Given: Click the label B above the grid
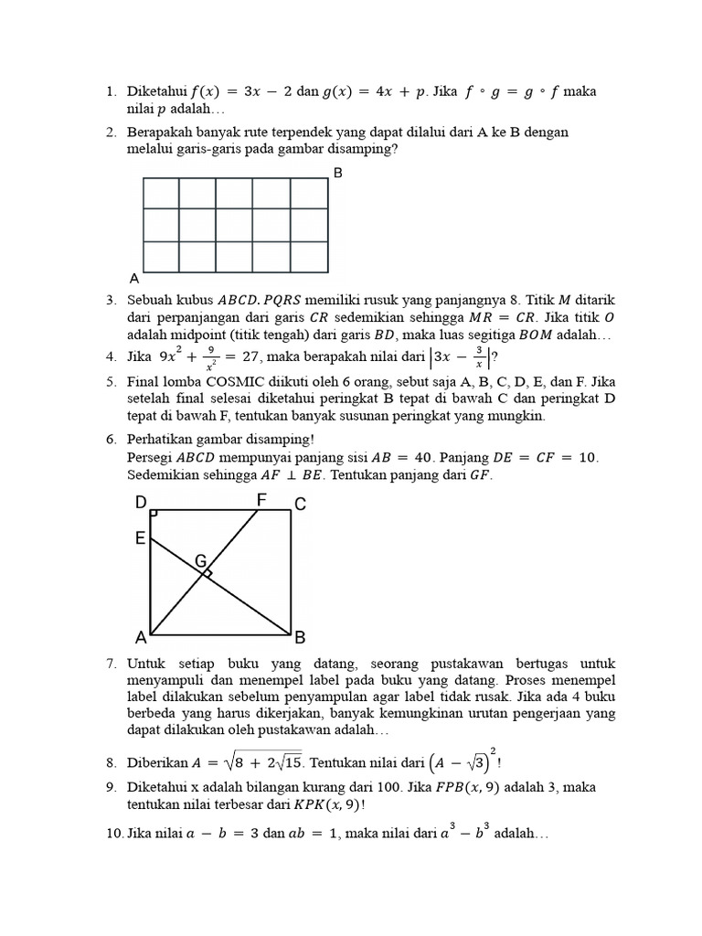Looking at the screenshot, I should [338, 173].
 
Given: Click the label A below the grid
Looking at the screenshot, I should [134, 278].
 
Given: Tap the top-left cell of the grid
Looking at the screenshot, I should [161, 194].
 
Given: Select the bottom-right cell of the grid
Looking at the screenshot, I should [309, 257].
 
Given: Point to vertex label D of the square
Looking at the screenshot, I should [141, 503].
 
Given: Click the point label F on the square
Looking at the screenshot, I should [261, 500].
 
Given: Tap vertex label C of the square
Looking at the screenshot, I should [299, 504].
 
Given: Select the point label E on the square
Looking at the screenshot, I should [141, 538].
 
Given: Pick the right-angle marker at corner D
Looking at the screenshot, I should [154, 515].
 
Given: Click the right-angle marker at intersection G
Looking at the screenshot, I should [208, 573].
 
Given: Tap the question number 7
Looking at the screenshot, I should [110, 663].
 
